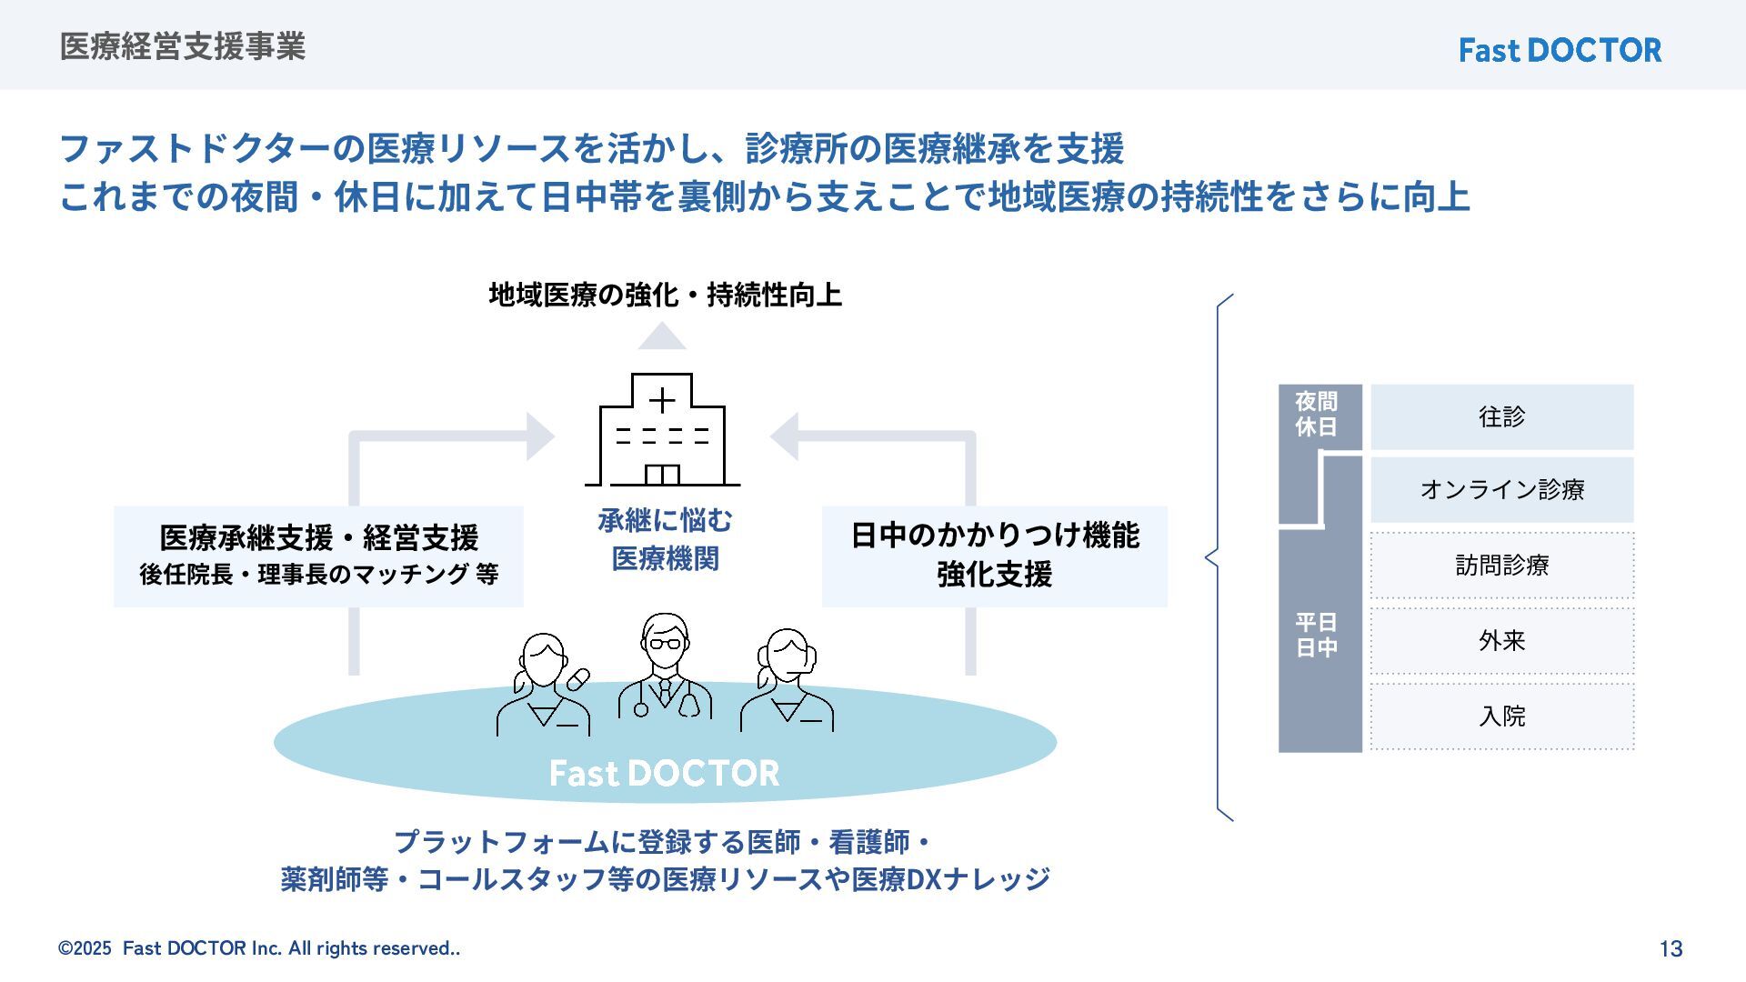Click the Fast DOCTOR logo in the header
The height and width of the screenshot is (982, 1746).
coord(1560,50)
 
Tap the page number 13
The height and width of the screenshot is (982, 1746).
coord(1671,949)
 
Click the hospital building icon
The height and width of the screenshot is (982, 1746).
coord(662,431)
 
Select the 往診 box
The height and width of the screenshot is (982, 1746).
coord(1501,417)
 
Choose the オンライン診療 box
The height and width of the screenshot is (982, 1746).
coord(1501,490)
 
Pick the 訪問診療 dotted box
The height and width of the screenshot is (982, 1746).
coord(1501,566)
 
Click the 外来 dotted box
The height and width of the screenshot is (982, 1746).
coord(1501,641)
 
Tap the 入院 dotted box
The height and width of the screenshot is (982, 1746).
coord(1501,716)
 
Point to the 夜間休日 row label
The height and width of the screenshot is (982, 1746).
coord(1316,415)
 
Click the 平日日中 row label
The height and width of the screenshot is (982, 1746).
coord(1316,635)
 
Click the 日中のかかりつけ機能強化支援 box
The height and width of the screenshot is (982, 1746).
coord(994,556)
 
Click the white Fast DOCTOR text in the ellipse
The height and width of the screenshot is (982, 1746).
coord(664,773)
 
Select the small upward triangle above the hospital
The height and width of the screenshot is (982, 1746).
coord(661,337)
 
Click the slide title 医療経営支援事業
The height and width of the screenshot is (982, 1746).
coord(183,46)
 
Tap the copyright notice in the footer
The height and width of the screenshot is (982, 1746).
coord(259,948)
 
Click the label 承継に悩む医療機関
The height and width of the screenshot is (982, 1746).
coord(665,539)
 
